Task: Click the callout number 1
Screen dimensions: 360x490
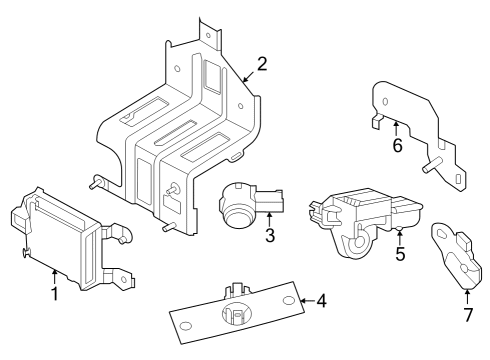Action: (54, 293)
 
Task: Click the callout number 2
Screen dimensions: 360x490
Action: (261, 64)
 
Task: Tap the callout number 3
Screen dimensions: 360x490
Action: (270, 236)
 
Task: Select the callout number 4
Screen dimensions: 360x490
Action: (322, 300)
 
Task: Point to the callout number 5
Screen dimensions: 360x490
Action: (399, 254)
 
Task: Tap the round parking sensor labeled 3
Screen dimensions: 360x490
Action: (245, 205)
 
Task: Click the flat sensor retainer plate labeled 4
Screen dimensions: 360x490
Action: (235, 315)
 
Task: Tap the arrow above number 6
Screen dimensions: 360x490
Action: (396, 128)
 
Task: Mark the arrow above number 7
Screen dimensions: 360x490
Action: (467, 296)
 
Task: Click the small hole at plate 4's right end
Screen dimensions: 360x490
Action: (289, 301)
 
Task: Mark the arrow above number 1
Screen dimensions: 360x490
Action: (54, 275)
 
